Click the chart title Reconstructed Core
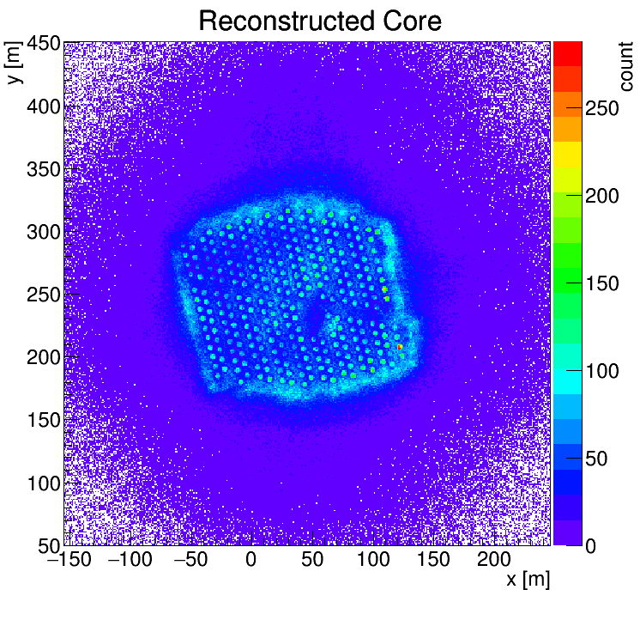pos(320,21)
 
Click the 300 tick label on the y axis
pos(42,232)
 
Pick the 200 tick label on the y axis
pos(42,357)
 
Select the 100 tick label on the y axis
pos(42,483)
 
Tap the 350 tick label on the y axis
pos(42,169)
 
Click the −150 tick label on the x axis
pos(66,559)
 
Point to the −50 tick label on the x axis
pos(188,559)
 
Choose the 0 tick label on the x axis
pos(251,559)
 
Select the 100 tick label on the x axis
pos(373,559)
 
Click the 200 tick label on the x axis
pos(495,559)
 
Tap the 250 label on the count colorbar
pos(602,108)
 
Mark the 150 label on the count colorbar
pos(602,283)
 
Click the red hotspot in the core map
pos(400,347)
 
